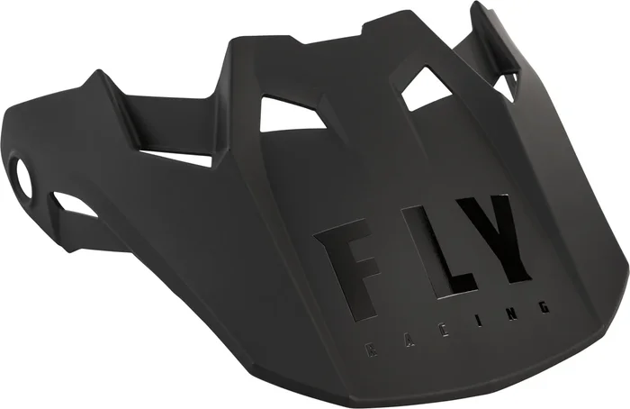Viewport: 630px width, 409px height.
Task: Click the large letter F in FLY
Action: point(344,262)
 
